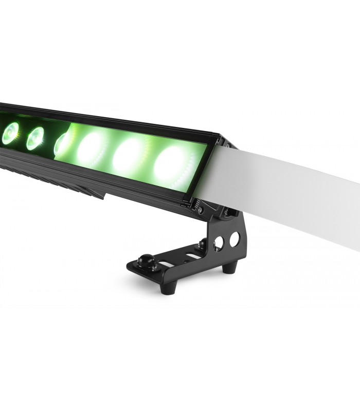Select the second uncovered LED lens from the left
(35, 138)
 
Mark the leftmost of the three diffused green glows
(92, 147)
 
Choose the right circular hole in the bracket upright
(235, 239)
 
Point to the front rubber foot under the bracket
(166, 287)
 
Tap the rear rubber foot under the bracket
(229, 268)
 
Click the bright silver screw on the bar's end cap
(200, 210)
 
